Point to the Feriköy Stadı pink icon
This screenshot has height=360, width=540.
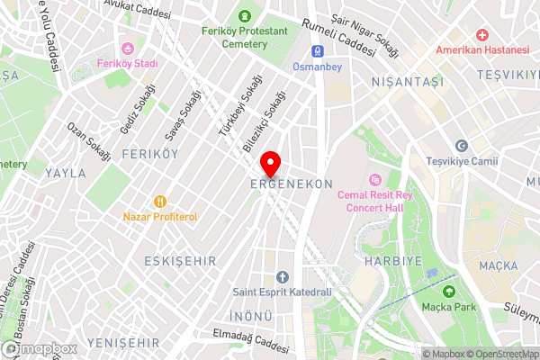(x=128, y=49)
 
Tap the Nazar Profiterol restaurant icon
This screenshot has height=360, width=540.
(x=160, y=202)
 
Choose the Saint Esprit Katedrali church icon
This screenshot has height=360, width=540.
(x=282, y=276)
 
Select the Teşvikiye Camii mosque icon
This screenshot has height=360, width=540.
(x=462, y=146)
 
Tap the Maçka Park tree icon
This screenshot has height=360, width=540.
(x=448, y=290)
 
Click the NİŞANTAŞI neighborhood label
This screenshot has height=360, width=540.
(x=408, y=82)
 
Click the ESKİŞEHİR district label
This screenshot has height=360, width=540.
(x=180, y=260)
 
